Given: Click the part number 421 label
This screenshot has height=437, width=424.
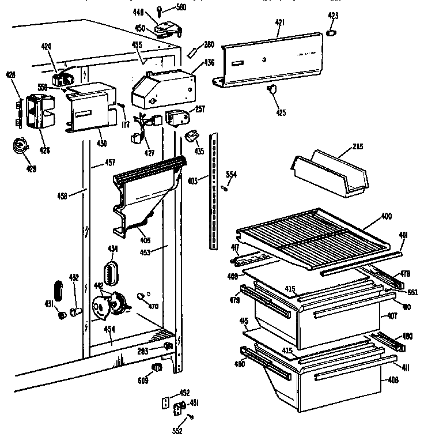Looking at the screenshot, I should (279, 22).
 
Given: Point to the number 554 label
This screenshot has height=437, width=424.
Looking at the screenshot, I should (231, 175).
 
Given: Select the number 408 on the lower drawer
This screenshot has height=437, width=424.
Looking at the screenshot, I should (393, 380).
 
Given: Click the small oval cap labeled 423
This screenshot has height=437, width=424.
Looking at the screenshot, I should (331, 33).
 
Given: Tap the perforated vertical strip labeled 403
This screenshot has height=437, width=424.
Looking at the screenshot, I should (215, 190).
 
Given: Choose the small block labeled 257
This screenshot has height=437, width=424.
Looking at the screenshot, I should (176, 117).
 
